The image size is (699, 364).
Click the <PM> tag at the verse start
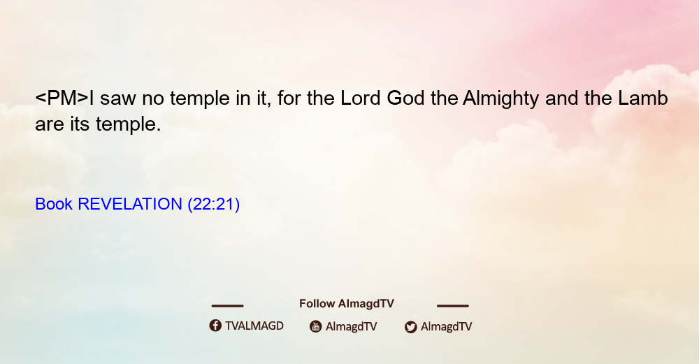point(62,98)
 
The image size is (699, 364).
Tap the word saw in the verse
point(118,99)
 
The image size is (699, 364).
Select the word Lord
point(361,98)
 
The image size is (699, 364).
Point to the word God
point(405,98)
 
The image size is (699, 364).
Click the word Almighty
point(500,99)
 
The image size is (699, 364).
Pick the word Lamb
point(643,98)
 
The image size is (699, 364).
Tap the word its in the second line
point(80,124)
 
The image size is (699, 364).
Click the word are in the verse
point(50,126)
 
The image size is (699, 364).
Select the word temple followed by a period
point(129,125)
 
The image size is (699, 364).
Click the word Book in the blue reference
point(54,204)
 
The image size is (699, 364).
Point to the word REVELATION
point(130,204)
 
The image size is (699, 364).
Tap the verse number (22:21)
point(213,205)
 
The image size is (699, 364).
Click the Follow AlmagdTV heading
point(347,304)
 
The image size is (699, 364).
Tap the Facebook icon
point(215,326)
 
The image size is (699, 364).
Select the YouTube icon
point(316,326)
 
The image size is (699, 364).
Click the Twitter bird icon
point(410,327)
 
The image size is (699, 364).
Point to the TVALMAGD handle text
point(254,326)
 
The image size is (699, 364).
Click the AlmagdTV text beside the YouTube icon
point(352,327)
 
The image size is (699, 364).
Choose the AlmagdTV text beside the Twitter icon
point(446,327)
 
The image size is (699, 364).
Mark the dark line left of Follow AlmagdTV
point(227,306)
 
